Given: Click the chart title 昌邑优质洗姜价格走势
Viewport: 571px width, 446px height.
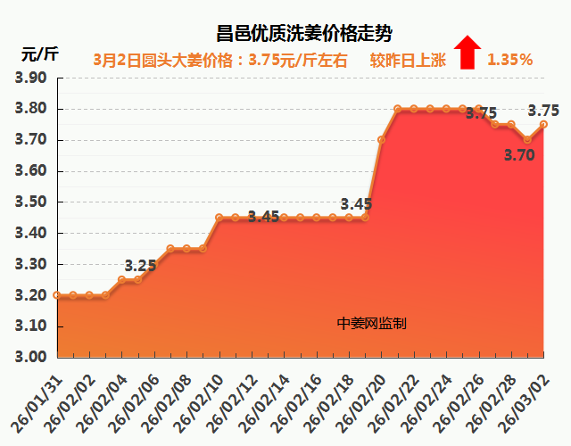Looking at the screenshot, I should (304, 34).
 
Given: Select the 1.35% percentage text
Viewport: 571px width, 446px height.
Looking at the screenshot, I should (509, 61).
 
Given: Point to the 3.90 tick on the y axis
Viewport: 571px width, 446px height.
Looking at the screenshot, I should (30, 78).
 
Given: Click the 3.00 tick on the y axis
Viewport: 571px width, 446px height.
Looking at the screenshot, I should (30, 357).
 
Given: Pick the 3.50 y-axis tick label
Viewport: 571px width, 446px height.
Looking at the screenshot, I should (30, 202).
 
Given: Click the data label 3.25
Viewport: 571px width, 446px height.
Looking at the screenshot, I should (140, 265).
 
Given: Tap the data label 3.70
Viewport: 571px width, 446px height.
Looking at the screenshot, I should (519, 154).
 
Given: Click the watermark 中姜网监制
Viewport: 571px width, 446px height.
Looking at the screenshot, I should (372, 324).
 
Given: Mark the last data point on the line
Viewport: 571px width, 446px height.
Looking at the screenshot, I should (543, 125).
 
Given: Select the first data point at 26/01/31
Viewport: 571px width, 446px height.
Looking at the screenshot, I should (57, 294).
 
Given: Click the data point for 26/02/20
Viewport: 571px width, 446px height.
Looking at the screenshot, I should (381, 139).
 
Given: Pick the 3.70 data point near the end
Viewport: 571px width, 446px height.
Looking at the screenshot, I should (527, 139).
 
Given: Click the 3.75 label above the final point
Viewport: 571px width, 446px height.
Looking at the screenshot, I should (543, 111).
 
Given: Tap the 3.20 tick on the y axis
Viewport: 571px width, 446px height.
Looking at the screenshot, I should (30, 295).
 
